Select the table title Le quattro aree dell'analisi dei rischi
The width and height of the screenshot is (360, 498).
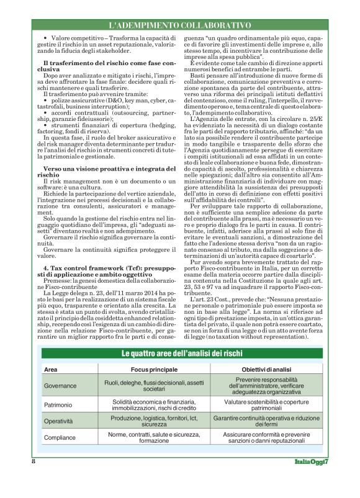coord(179,353)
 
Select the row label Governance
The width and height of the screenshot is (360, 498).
coord(60,386)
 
